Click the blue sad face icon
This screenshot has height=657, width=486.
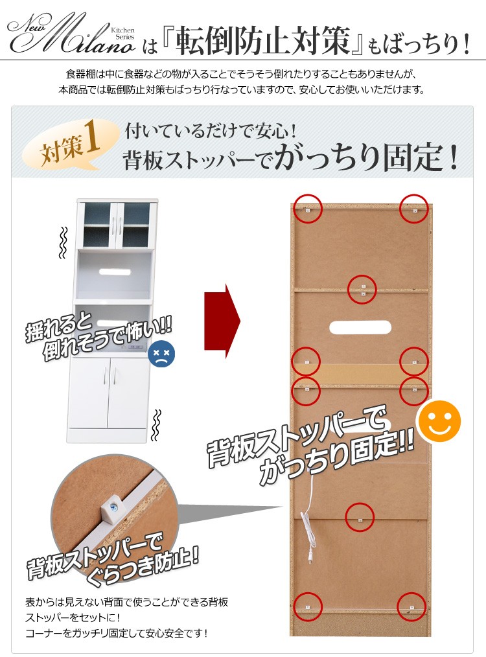[x=161, y=354]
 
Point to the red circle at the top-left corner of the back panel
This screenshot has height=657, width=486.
[x=308, y=209]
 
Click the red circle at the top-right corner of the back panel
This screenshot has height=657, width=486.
[x=414, y=209]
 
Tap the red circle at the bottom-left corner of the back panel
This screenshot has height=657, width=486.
[x=308, y=606]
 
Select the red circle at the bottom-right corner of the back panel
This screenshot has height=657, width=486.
[x=411, y=606]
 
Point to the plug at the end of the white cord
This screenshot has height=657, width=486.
[x=311, y=558]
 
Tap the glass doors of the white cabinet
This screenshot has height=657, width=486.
[x=117, y=225]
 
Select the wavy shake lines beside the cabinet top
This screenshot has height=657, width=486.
[x=63, y=242]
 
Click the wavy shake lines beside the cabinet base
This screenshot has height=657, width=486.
[x=156, y=425]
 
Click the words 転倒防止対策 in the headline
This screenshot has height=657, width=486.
[x=262, y=41]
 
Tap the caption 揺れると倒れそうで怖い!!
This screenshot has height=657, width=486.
[x=98, y=336]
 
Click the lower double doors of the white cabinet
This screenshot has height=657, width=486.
[x=109, y=393]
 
